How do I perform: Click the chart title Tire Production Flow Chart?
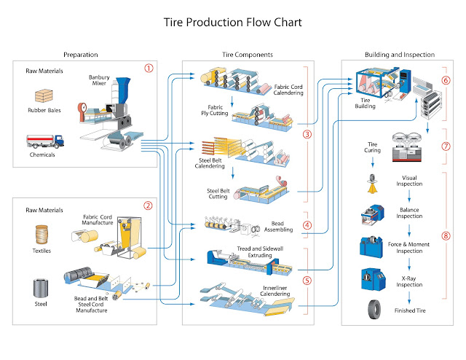(x=232, y=23)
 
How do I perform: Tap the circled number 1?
(x=149, y=69)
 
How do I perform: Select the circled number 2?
(x=149, y=206)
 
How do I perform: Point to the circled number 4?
(x=307, y=225)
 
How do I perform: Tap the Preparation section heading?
(x=80, y=55)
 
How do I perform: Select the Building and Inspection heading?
(x=399, y=55)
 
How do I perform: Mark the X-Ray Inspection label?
(x=409, y=282)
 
